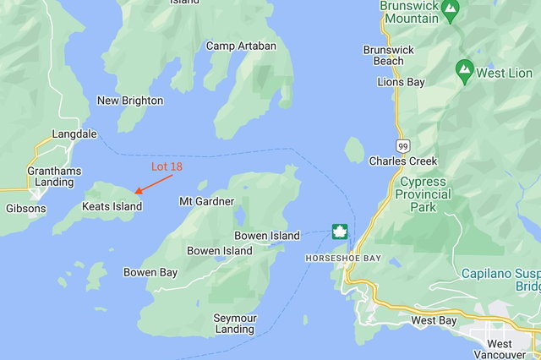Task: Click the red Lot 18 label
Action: (167, 166)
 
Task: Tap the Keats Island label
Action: (112, 206)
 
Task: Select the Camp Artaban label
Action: (241, 46)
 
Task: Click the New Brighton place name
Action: (130, 101)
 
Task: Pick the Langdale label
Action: (74, 134)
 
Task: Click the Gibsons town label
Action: (26, 208)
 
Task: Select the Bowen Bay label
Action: (150, 272)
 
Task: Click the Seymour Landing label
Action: (235, 324)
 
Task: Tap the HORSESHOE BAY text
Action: (337, 257)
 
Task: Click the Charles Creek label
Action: (403, 161)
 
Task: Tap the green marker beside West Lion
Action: (464, 70)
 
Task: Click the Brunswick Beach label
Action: (389, 55)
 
